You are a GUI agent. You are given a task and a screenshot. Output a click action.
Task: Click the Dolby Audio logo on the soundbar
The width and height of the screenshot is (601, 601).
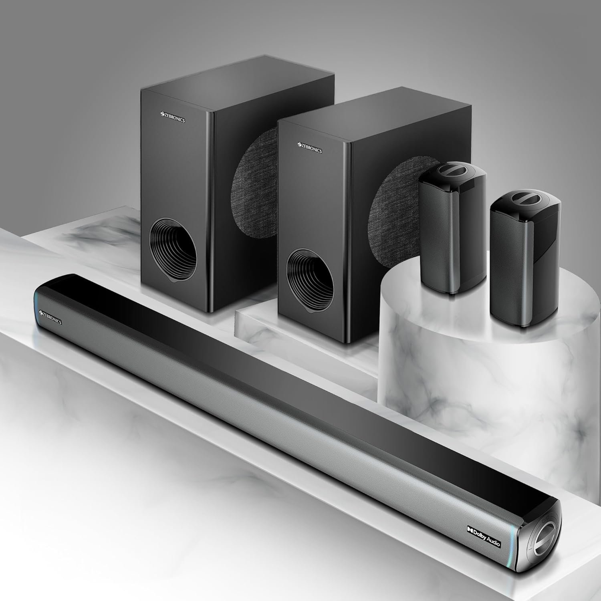pos(483,536)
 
